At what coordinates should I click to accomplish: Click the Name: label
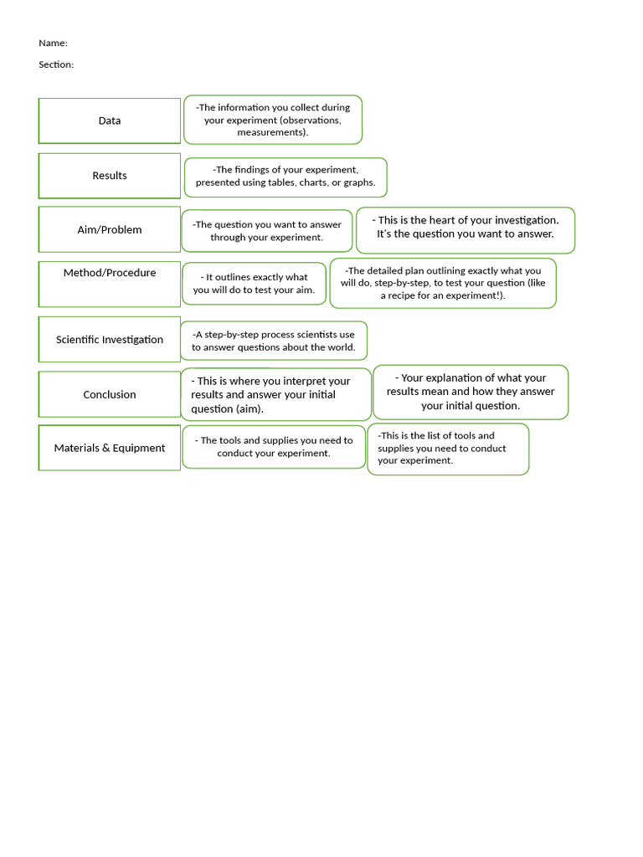point(53,44)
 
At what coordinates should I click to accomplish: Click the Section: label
point(56,64)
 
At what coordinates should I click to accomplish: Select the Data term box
point(110,121)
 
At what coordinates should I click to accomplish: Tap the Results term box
point(110,176)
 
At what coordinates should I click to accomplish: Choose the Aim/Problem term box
point(110,229)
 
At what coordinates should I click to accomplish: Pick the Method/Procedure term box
point(110,284)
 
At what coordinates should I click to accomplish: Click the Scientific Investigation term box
point(110,340)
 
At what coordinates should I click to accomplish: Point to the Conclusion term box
point(110,394)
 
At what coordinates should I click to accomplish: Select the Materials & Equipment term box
point(110,448)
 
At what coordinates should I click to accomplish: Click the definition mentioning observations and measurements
point(273,120)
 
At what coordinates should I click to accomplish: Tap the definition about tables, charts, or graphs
point(285,177)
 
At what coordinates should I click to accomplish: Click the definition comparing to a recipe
point(443,283)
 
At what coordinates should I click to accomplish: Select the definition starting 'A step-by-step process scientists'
point(274,341)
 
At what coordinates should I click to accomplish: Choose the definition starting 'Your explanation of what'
point(471,392)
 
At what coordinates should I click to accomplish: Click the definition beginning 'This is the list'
point(448,449)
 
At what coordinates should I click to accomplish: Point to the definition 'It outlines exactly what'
point(254,284)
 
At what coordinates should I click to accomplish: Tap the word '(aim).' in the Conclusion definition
point(249,409)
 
